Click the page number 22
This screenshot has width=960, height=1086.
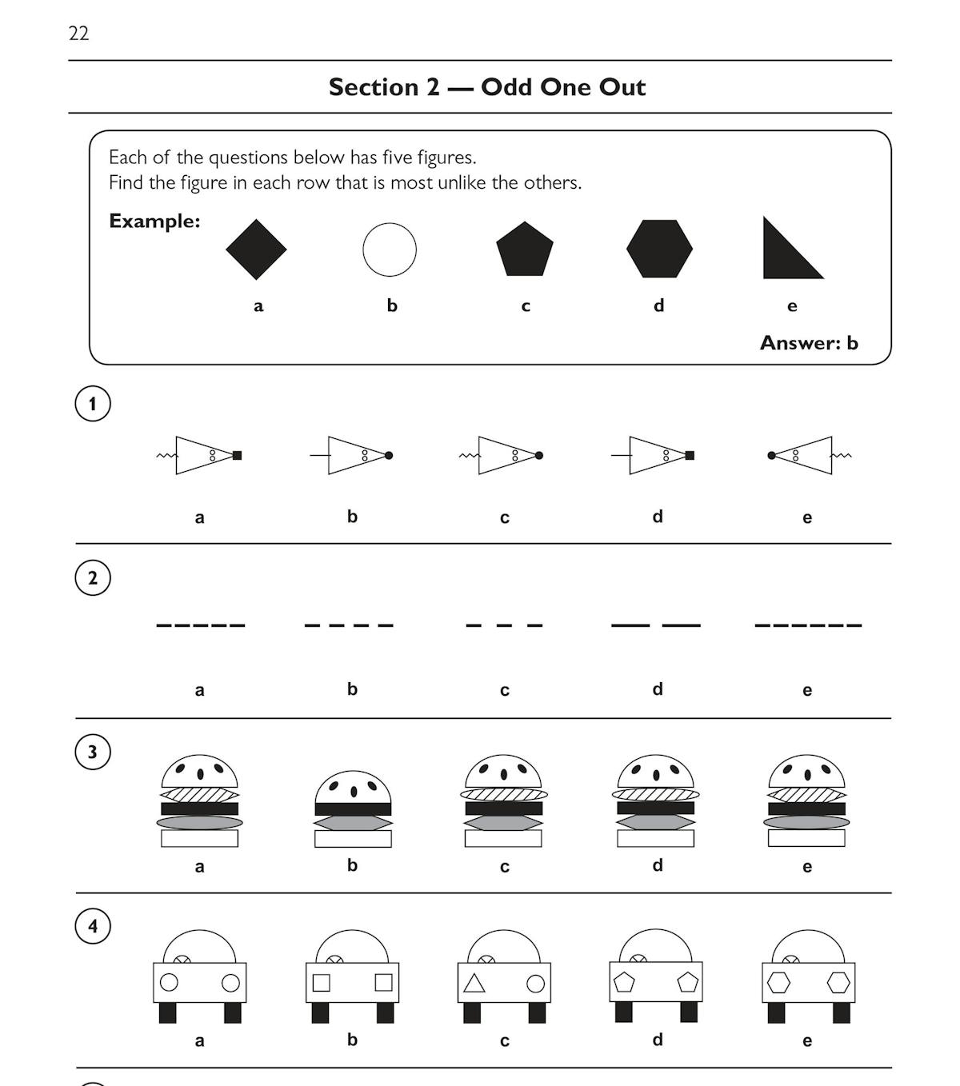[x=78, y=34]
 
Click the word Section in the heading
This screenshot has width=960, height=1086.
[x=374, y=87]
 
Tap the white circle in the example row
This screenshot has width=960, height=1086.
[x=390, y=250]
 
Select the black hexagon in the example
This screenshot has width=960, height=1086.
[x=659, y=249]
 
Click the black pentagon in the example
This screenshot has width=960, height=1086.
[x=525, y=250]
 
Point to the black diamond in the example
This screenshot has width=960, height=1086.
[x=256, y=250]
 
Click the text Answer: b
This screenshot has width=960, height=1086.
[x=809, y=343]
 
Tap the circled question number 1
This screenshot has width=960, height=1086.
[x=93, y=404]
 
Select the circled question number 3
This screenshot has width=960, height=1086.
[x=93, y=752]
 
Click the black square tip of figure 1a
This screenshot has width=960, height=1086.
[x=237, y=456]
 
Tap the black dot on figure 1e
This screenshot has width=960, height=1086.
[x=771, y=456]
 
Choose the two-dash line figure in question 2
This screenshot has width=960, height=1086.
[x=656, y=625]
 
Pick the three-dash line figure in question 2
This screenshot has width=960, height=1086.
[x=504, y=625]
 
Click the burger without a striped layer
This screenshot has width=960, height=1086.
[x=353, y=809]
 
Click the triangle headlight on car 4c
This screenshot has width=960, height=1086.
[x=474, y=984]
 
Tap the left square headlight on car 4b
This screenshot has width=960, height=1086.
[x=322, y=983]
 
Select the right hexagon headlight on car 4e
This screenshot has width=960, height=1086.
[x=838, y=983]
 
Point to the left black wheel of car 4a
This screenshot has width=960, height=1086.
[x=168, y=1012]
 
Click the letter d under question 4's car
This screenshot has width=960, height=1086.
[x=658, y=1040]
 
